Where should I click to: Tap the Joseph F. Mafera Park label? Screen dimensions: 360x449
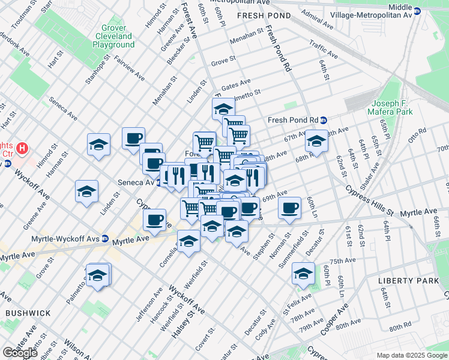[392, 107]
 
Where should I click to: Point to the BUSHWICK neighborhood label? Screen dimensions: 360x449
[28, 313]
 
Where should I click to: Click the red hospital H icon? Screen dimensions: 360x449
[22, 147]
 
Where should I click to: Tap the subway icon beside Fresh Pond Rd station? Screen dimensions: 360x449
[323, 119]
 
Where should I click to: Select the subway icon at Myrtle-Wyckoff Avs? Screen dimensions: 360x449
[105, 239]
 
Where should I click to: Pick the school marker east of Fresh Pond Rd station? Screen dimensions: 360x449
[315, 142]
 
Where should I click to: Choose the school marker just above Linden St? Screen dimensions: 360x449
[86, 192]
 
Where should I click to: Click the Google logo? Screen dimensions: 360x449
[20, 353]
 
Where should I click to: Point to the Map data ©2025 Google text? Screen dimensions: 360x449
[412, 355]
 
